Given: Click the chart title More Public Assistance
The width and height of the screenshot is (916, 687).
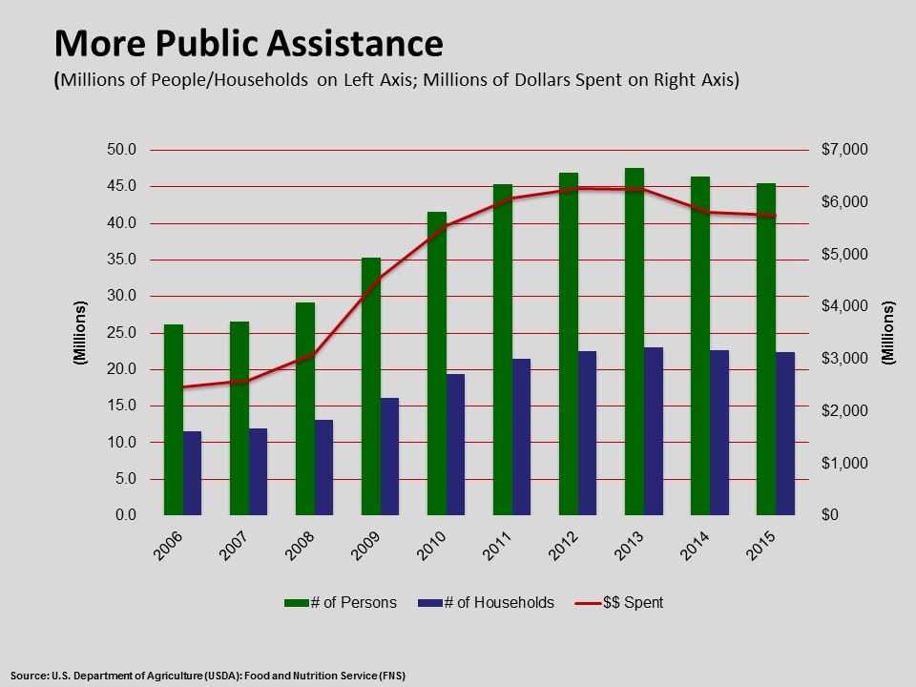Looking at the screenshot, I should (x=248, y=43).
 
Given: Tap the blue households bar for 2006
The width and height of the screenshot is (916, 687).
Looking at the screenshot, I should (x=193, y=473).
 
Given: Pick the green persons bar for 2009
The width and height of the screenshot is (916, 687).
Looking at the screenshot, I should (x=371, y=386).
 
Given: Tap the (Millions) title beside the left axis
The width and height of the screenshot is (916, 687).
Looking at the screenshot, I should (x=81, y=333).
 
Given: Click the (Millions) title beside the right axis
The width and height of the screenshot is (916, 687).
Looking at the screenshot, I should (x=889, y=333).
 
